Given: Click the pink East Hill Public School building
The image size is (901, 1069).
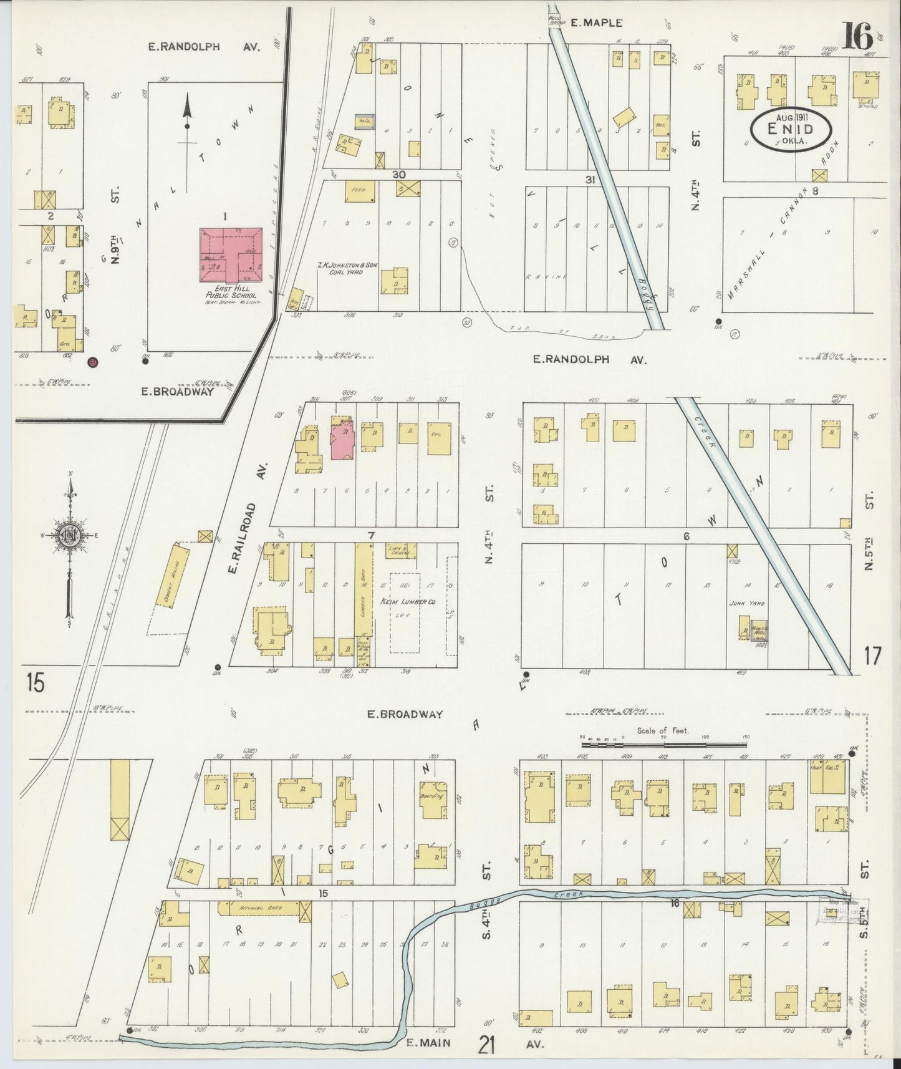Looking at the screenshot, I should point(229,254).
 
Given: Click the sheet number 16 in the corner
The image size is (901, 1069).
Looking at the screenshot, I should point(858,39).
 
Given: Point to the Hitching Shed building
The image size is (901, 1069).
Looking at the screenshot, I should point(258,910).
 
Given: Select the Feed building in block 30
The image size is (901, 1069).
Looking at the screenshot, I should point(359,190).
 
